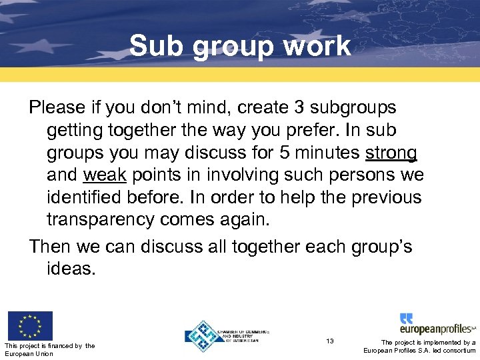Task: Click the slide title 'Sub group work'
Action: [240, 46]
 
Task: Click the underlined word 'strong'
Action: [391, 153]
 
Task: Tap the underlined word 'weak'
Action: [105, 175]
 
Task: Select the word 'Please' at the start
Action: [57, 107]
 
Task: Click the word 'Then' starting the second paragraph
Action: [51, 246]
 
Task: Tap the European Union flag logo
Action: [29, 325]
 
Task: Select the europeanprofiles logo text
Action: [437, 329]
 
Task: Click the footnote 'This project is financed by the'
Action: [49, 345]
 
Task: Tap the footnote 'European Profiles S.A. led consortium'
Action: [419, 351]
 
